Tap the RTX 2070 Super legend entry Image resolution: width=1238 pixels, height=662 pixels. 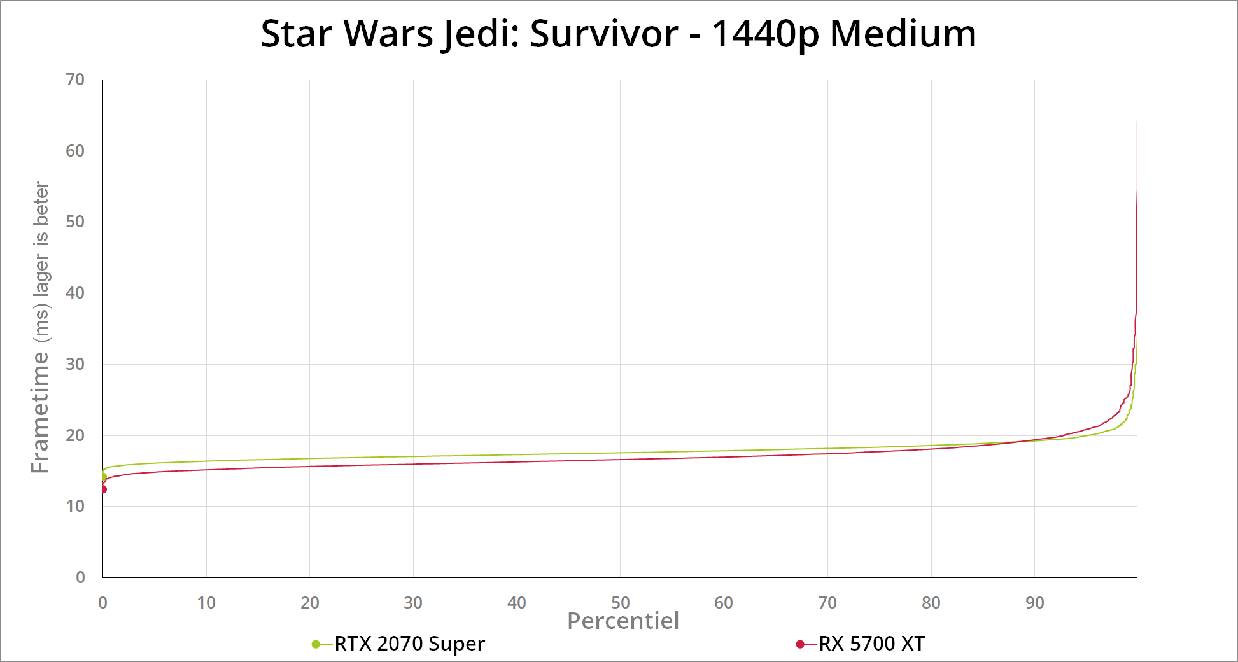point(409,644)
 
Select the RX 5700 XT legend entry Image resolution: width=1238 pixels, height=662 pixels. point(871,644)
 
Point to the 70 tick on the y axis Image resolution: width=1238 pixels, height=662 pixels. point(75,80)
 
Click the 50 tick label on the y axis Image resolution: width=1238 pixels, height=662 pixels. point(75,222)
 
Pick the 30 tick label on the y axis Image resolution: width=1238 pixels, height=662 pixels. point(75,364)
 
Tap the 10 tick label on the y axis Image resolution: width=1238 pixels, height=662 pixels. point(75,506)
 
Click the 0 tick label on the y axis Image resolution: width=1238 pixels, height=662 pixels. point(80,577)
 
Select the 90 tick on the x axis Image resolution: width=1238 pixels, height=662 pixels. point(1034,602)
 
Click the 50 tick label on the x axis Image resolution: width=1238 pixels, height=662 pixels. point(620,602)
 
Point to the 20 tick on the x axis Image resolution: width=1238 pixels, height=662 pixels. point(309,602)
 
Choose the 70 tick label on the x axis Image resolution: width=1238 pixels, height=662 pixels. point(827,602)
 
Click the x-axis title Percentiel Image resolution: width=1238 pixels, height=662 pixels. point(623,621)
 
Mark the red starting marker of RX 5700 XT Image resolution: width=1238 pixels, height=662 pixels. point(103,489)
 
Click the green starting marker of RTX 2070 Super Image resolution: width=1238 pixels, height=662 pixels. point(103,477)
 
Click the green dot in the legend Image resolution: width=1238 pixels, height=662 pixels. point(316,644)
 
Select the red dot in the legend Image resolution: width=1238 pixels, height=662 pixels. point(800,644)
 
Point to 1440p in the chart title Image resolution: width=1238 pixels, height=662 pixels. point(764,33)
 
